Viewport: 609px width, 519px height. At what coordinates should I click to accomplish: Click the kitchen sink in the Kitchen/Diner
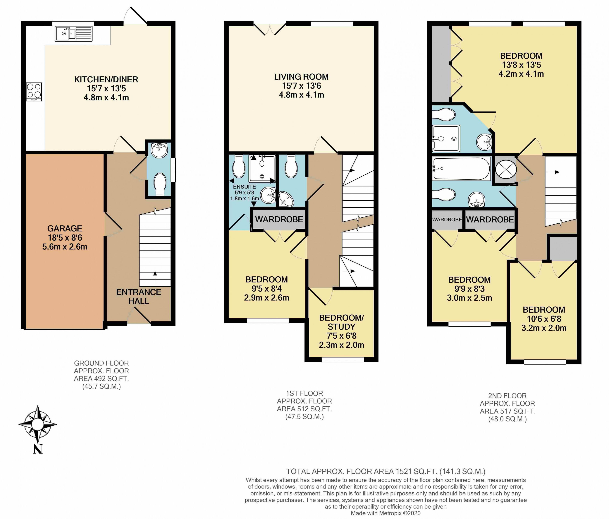pos(73,34)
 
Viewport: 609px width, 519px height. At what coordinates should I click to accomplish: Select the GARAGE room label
pos(65,228)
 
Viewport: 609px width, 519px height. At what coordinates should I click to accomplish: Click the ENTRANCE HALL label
pos(139,296)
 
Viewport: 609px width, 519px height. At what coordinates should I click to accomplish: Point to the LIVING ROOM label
pos(301,77)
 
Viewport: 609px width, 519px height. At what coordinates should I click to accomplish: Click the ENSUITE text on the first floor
pos(244,187)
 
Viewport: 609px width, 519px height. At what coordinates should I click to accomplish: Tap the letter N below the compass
pos(38,449)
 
